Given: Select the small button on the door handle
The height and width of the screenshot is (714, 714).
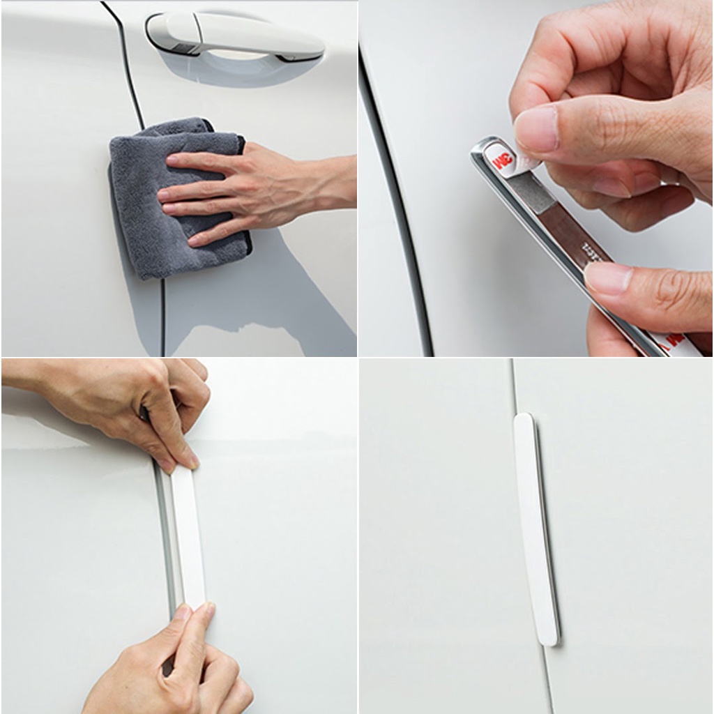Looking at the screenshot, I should [x=183, y=47].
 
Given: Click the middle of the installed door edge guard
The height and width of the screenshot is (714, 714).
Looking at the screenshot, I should [x=535, y=530].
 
